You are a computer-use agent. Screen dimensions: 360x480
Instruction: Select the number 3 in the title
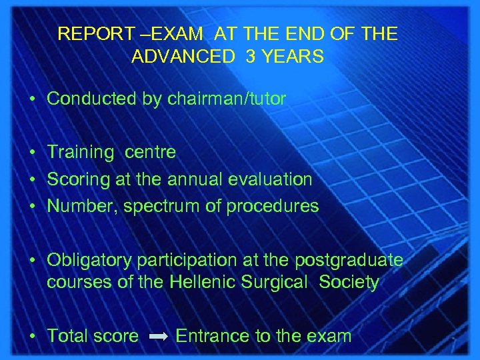point(250,57)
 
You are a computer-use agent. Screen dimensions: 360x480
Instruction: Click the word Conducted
point(84,99)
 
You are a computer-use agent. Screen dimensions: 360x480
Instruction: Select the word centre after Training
point(150,153)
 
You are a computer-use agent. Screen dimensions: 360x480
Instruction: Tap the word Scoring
point(75,179)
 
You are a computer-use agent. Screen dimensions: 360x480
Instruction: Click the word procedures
point(273,206)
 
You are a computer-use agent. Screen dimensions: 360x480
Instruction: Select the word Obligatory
point(83,260)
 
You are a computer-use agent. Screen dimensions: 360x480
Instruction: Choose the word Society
point(349,282)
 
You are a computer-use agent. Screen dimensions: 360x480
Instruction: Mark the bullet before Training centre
point(33,153)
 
